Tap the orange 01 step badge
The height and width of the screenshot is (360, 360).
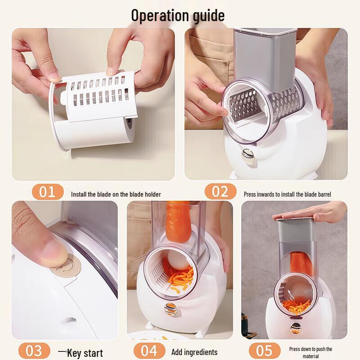click(x=47, y=192)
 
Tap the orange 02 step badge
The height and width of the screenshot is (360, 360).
click(x=220, y=192)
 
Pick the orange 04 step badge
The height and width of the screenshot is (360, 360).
click(x=149, y=351)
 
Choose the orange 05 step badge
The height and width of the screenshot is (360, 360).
click(x=265, y=351)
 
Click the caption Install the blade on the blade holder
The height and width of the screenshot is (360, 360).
click(x=116, y=194)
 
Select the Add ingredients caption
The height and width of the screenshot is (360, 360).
click(x=194, y=352)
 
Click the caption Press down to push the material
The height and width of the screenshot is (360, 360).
click(x=310, y=352)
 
